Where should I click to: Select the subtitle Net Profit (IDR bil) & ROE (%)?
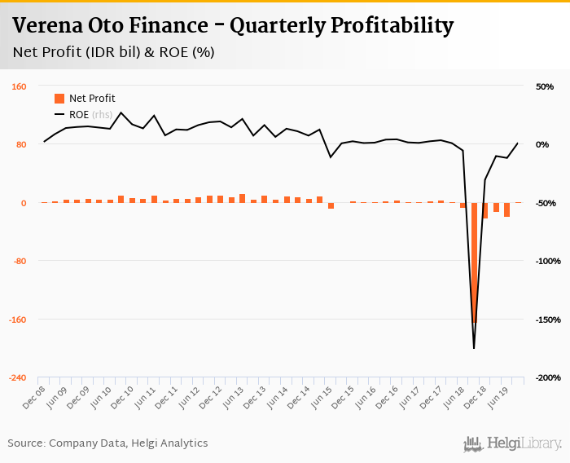click(x=114, y=53)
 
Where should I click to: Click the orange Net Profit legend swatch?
click(x=59, y=99)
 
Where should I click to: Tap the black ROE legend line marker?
click(x=59, y=114)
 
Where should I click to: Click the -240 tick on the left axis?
click(x=18, y=377)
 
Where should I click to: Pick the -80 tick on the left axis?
click(x=20, y=261)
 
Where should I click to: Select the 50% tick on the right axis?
click(x=543, y=86)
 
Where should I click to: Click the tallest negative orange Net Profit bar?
click(x=474, y=261)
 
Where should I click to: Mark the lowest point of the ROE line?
click(x=474, y=349)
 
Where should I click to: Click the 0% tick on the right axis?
click(x=544, y=145)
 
